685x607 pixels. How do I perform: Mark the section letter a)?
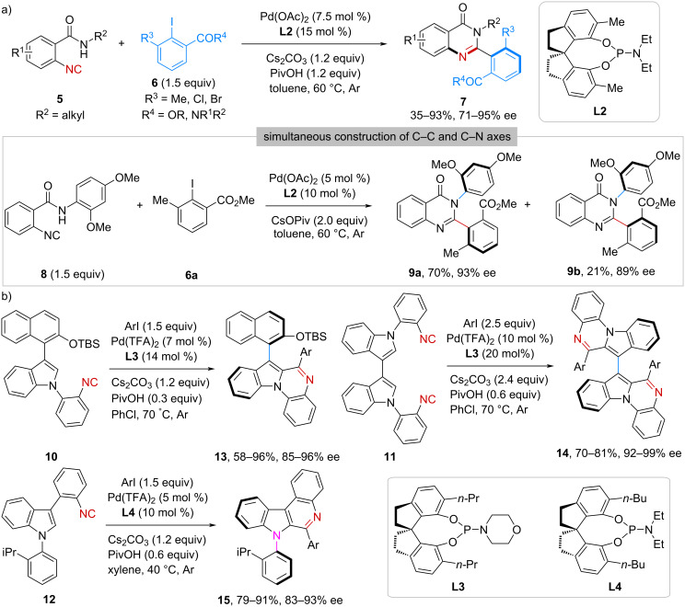coord(8,8)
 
